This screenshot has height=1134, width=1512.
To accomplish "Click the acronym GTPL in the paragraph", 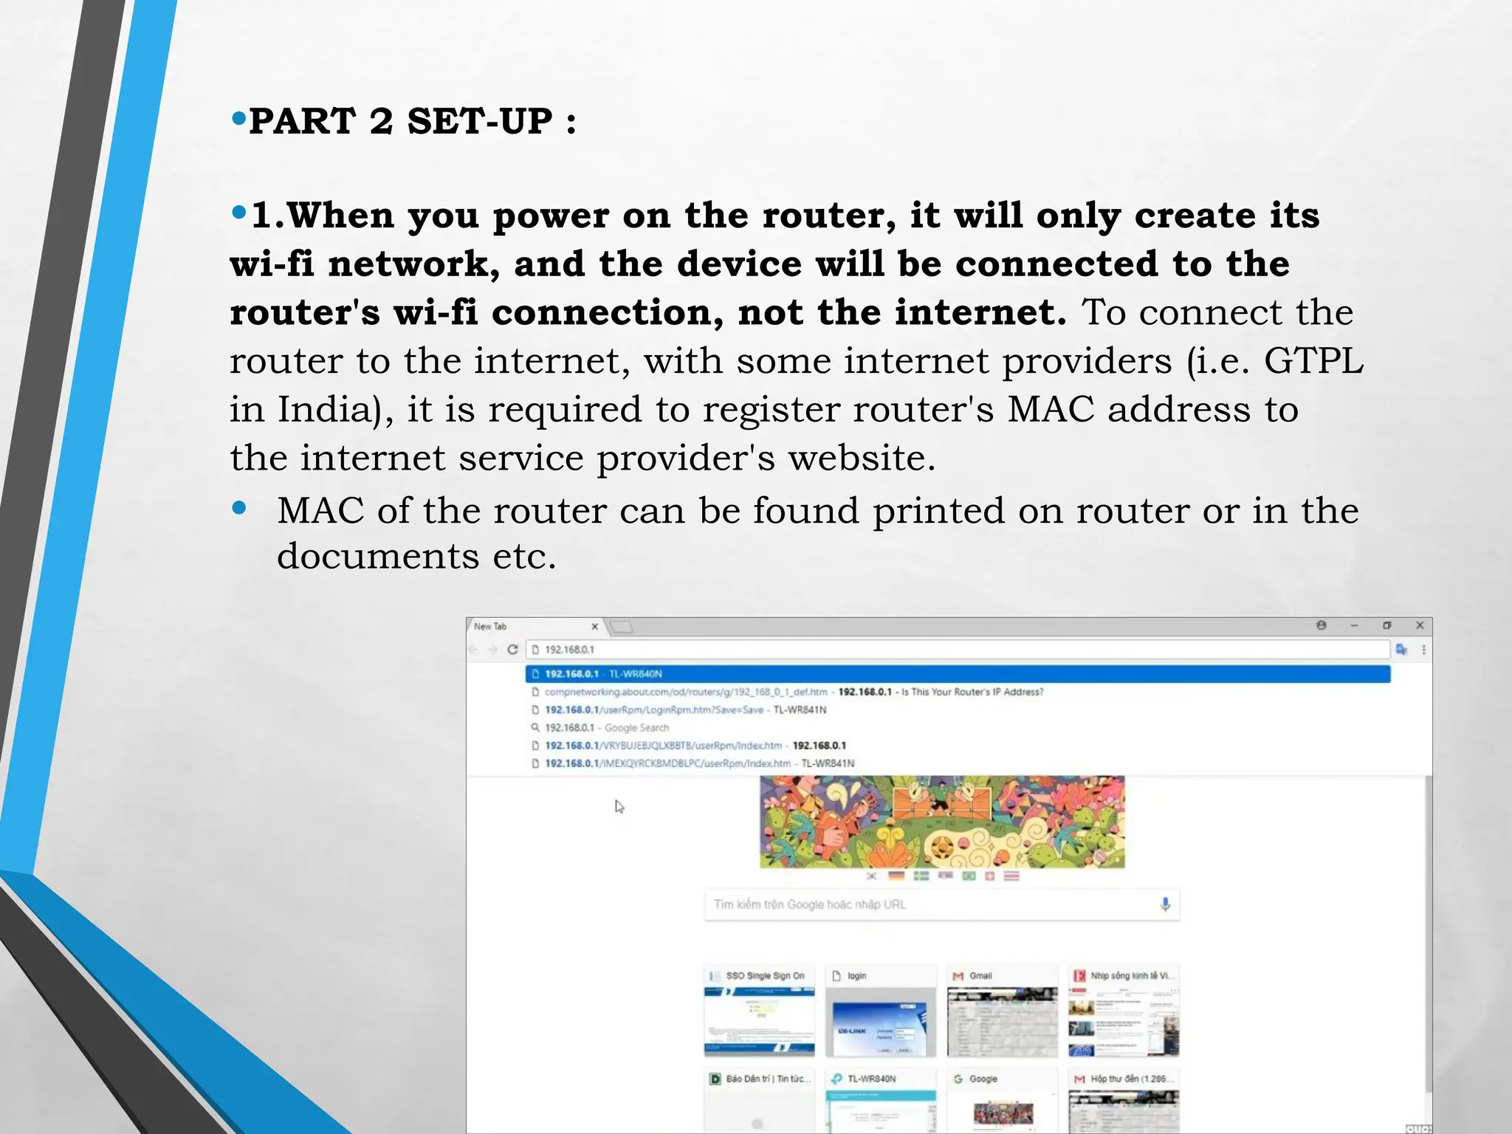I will [1313, 362].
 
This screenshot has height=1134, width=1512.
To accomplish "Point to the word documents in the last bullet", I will [377, 557].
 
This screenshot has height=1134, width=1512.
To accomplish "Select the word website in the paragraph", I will [862, 458].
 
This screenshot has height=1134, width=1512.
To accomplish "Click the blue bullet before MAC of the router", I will [238, 508].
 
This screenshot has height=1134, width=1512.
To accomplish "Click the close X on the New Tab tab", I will [595, 627].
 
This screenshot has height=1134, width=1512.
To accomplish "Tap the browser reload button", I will [512, 650].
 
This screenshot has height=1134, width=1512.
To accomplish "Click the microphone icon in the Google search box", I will [1165, 904].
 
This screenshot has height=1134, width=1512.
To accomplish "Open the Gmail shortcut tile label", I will [980, 976].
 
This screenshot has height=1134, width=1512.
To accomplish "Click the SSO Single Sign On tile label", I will [765, 976].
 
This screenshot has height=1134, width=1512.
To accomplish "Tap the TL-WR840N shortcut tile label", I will [871, 1079].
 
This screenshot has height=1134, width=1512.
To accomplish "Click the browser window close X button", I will [1420, 625].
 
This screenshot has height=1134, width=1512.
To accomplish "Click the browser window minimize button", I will [1354, 625].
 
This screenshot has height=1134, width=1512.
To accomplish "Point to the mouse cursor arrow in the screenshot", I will [619, 806].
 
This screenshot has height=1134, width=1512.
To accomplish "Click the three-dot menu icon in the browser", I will [1423, 650].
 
